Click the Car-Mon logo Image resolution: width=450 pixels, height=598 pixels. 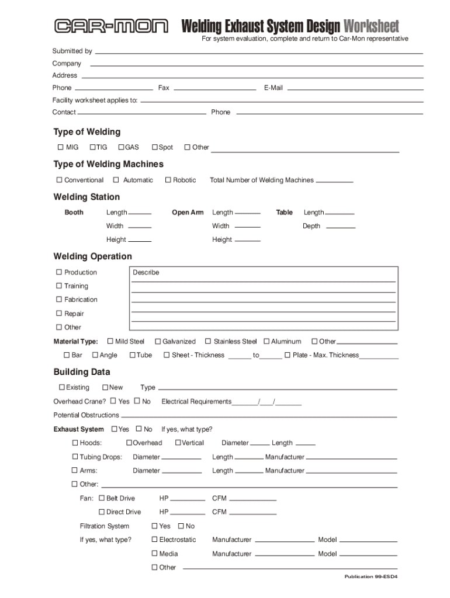[x=111, y=26]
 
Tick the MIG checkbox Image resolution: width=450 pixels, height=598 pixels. [x=59, y=147]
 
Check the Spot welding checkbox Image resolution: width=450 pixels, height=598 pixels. [x=154, y=147]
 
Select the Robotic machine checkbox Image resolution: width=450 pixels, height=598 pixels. [x=168, y=180]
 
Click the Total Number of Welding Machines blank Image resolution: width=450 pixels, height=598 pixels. [x=334, y=181]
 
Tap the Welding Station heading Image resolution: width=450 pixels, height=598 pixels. [x=86, y=197]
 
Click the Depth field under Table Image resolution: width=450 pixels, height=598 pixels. [x=340, y=227]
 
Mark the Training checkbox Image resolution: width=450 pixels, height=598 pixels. [x=59, y=286]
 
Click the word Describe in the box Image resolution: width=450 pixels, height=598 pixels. [x=146, y=273]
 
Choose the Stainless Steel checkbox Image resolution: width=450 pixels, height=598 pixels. [x=208, y=341]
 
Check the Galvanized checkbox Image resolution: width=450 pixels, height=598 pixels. [x=157, y=341]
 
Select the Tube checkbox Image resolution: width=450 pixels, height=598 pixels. [x=132, y=355]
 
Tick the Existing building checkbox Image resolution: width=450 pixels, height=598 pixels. [x=61, y=387]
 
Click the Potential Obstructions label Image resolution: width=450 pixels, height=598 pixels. [x=86, y=415]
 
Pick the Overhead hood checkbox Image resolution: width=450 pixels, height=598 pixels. [x=129, y=443]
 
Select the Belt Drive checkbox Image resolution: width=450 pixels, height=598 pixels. [x=102, y=498]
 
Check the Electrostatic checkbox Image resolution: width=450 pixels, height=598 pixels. [x=154, y=540]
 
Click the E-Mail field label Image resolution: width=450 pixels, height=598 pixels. [x=273, y=88]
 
